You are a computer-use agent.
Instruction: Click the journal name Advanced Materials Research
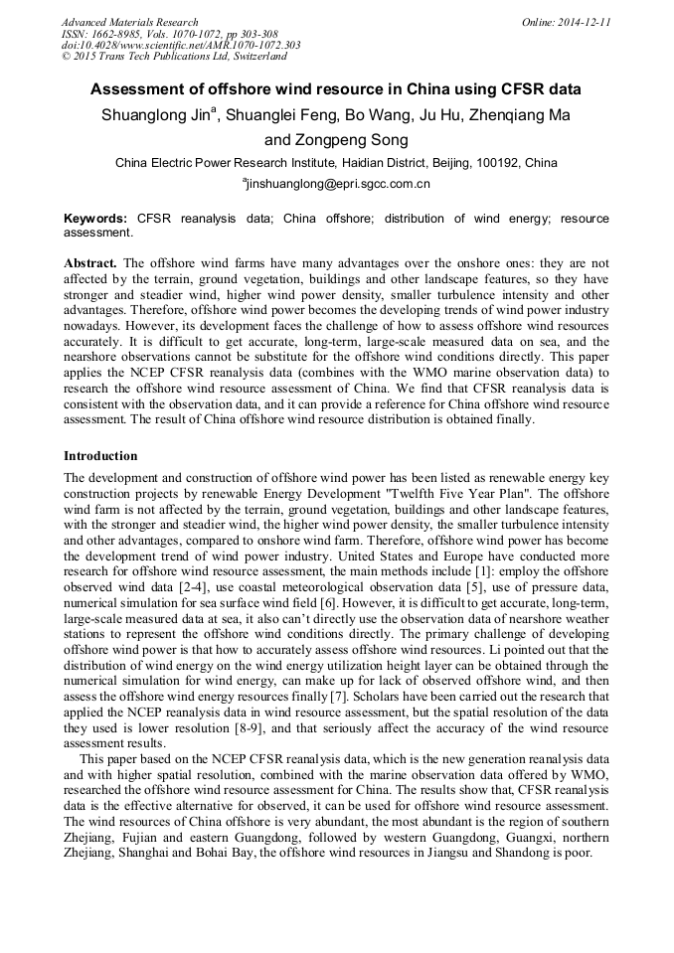(129, 22)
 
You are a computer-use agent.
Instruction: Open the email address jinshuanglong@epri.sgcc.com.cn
(338, 184)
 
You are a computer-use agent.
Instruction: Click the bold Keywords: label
(95, 219)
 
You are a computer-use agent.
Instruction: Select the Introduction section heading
(100, 456)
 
